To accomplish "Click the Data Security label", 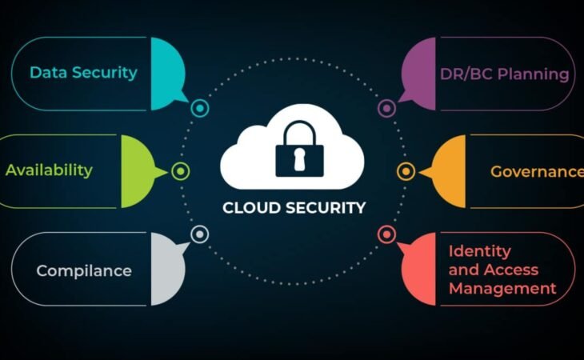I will click(x=83, y=73).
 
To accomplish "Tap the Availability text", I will click(x=49, y=170).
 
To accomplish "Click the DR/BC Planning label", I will click(x=504, y=74).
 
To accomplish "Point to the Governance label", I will click(x=537, y=171).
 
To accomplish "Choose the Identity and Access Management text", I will click(x=502, y=270).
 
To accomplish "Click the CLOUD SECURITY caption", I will click(x=294, y=208).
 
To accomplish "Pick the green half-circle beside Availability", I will click(x=137, y=170).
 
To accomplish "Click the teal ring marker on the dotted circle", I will click(x=200, y=106).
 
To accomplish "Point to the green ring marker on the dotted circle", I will click(x=181, y=170).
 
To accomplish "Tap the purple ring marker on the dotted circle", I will click(x=386, y=107).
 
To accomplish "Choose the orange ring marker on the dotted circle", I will click(x=406, y=170).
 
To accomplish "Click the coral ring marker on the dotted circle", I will click(x=386, y=234).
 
